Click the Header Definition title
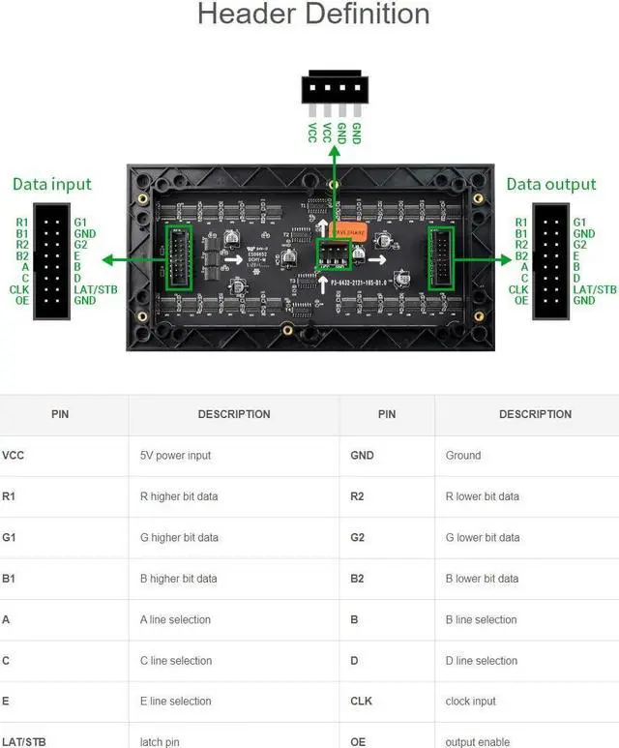point(313,15)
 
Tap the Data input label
point(51,184)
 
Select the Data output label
point(551,184)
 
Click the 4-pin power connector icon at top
point(335,89)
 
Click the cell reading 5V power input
point(175,455)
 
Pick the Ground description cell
point(463,455)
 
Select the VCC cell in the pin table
point(14,455)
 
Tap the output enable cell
point(478,742)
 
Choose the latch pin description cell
point(164,742)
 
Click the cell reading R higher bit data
point(179,496)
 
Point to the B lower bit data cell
point(482,579)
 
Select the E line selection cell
point(175,702)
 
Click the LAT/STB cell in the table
point(23,742)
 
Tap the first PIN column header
point(60,414)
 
